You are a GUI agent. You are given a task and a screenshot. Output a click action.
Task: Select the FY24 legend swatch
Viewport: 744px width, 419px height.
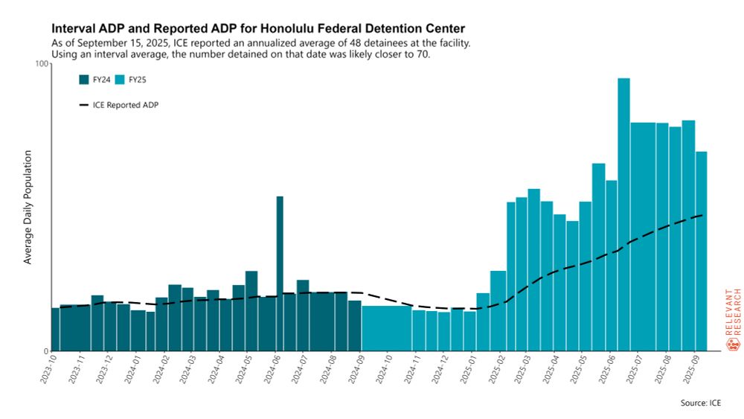click(83, 80)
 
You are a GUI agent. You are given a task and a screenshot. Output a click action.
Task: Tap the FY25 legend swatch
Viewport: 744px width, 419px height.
click(118, 80)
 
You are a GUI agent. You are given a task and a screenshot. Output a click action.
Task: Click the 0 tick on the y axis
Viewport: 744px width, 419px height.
click(44, 351)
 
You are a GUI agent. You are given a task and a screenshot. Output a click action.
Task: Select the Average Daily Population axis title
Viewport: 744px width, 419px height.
click(28, 207)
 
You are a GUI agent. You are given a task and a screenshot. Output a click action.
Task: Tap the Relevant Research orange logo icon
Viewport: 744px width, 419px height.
click(732, 345)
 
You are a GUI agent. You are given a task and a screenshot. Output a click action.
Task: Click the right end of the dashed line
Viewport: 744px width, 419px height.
click(703, 215)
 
